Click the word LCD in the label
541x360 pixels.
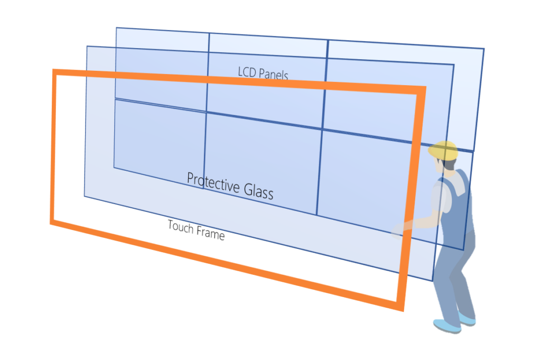247,72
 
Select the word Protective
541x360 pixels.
213,183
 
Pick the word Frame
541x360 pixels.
210,233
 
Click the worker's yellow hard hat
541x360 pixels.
443,151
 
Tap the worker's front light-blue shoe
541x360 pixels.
447,326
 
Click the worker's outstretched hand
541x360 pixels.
398,230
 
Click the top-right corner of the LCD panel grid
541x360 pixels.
484,49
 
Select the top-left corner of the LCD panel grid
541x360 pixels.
116,27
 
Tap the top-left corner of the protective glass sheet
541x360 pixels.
87,46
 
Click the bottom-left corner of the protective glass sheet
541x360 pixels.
85,197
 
